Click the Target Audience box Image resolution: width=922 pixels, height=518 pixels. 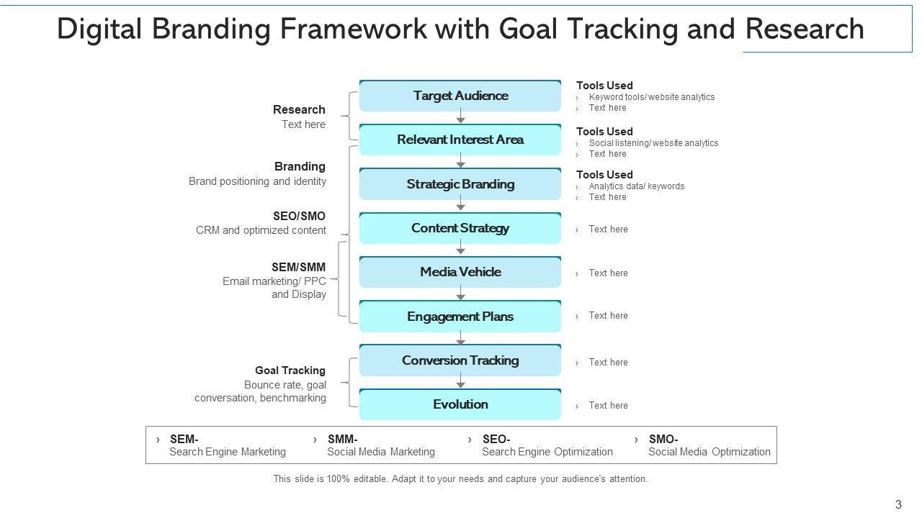460,96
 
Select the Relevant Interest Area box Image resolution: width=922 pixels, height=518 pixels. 460,140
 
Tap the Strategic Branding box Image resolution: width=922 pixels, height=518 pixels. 460,184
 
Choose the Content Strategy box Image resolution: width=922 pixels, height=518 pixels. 460,228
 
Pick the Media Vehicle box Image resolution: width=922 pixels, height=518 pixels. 460,272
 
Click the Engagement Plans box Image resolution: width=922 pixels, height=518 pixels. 460,317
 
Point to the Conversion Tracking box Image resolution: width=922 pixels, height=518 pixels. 460,360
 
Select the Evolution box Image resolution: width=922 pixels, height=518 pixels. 460,404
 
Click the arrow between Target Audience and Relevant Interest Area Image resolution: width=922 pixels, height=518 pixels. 460,117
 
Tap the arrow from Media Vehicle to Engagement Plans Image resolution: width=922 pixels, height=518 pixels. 460,294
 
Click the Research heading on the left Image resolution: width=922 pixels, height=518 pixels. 299,110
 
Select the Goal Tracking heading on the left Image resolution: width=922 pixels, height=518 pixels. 290,371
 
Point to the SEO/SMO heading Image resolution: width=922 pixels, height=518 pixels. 299,216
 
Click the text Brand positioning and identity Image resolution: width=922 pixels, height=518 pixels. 257,181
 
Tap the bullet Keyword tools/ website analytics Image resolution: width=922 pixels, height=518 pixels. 651,97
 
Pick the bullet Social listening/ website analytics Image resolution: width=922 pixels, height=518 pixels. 653,143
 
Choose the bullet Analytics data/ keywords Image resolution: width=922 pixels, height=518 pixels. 636,186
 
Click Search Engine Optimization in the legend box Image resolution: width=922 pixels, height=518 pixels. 547,452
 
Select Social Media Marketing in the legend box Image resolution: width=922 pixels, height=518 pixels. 381,452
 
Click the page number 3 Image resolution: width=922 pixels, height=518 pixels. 898,505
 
